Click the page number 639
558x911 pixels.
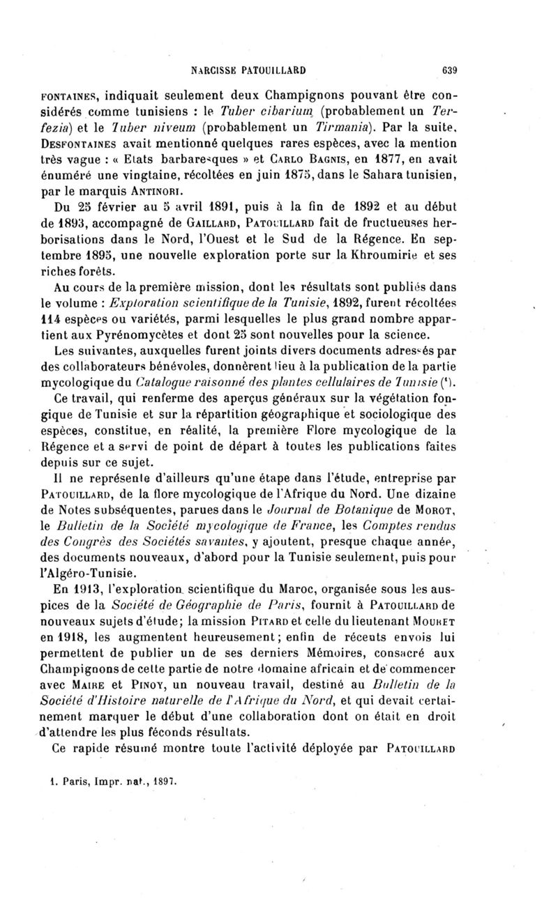pos(448,70)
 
